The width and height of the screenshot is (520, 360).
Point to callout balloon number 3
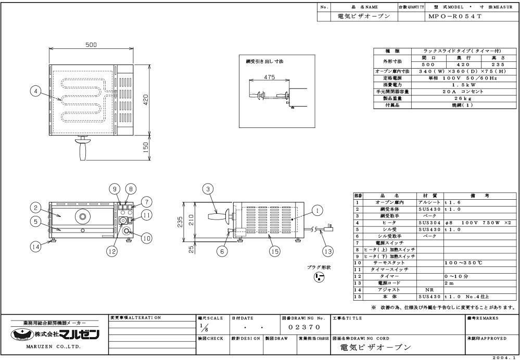pos(208,189)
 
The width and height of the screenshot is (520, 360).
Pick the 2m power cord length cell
pos(448,283)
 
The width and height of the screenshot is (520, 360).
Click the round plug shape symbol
pos(312,277)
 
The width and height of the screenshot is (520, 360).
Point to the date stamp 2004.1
pos(505,357)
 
